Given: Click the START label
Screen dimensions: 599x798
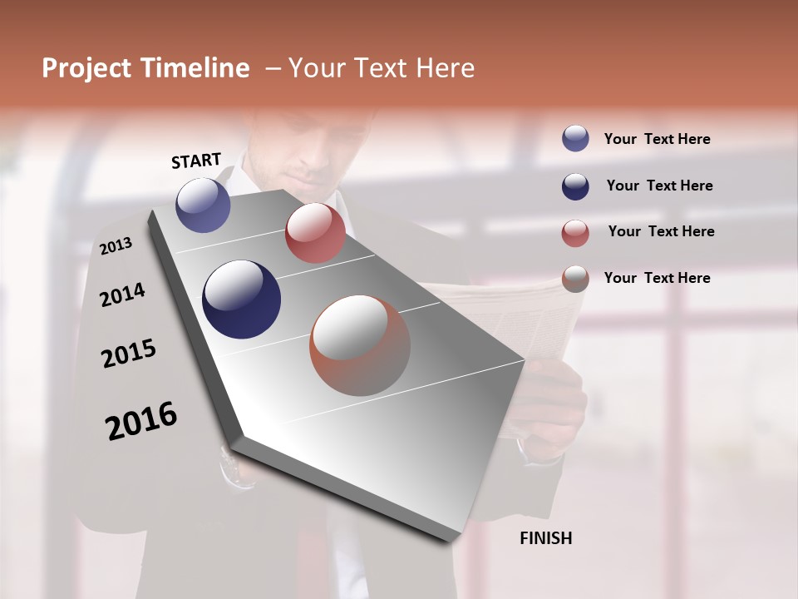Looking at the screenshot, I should pos(196,161).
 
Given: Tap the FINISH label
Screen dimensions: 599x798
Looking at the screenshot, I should pos(545,538).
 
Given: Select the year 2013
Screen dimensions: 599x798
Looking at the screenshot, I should pos(116,245).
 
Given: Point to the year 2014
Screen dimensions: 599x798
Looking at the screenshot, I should pos(122,295).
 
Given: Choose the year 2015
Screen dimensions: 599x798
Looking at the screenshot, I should pos(129,354).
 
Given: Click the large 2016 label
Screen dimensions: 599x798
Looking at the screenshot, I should pos(141,420).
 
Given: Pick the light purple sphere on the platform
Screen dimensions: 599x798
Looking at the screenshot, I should pos(203,205).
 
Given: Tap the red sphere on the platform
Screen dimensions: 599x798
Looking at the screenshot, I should pos(315,233).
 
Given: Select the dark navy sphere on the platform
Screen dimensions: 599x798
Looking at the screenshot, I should pos(241,299).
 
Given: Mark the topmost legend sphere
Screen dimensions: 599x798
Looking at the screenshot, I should pos(575,138).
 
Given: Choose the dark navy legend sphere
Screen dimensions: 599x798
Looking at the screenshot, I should pos(575,186).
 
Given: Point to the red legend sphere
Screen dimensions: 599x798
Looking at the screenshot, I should pos(575,233).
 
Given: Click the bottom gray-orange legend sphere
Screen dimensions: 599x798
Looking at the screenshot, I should pos(575,279).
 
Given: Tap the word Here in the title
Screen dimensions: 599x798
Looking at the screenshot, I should pos(446,68).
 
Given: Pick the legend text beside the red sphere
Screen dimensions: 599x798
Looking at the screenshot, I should pos(661,231).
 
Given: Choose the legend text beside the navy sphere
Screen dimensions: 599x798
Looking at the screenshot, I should pos(659,186).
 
